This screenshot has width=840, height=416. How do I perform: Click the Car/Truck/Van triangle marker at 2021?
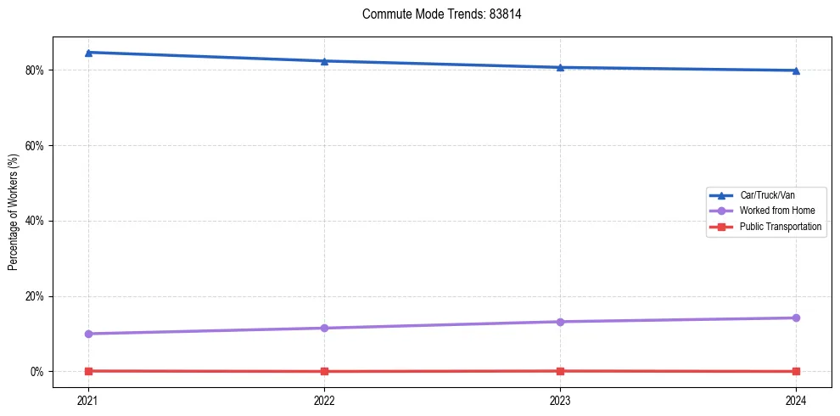point(88,53)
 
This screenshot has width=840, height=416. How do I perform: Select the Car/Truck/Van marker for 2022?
point(324,61)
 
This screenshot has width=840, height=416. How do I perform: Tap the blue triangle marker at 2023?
point(560,67)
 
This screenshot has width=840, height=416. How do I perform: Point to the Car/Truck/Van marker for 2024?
point(796,70)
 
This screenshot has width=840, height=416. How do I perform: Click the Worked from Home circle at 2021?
point(88,334)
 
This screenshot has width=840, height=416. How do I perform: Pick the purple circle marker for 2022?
point(324,328)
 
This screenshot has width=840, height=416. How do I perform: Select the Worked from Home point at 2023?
point(560,322)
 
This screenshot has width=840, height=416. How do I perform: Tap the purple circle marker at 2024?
point(796,318)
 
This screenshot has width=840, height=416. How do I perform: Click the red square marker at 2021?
point(88,371)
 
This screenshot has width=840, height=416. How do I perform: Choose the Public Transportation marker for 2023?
point(560,371)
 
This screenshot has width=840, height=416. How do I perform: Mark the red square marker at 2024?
point(796,371)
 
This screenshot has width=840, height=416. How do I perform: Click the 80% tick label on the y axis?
point(35,70)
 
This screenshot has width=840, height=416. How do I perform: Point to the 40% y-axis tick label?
point(35,221)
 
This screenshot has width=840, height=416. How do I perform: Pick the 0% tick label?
point(37,372)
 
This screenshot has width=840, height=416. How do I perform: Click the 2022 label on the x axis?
point(324,400)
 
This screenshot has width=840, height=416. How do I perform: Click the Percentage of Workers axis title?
point(13,211)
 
